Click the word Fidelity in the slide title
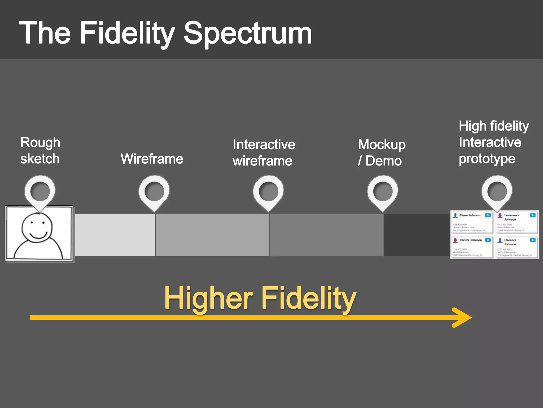127,33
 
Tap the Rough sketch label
40,151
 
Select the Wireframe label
152,159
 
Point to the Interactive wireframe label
264,153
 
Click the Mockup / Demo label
381,153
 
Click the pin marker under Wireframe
154,192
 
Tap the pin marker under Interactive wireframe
268,192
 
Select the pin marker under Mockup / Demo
383,192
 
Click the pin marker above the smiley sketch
40,192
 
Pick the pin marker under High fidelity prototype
497,192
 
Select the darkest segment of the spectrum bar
417,235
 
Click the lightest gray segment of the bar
115,235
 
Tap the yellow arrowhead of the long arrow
463,317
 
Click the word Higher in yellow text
208,298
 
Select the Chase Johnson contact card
472,222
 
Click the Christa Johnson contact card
472,247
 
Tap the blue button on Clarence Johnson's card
532,240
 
